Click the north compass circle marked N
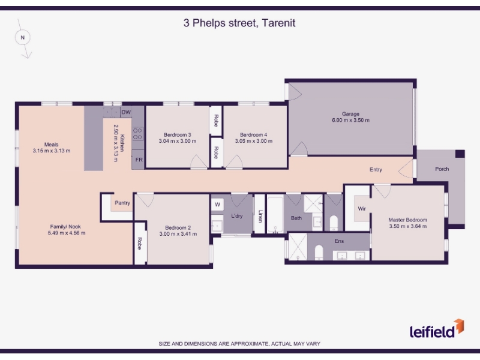click(x=23, y=38)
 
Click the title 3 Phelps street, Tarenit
click(x=239, y=23)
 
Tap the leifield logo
click(x=437, y=329)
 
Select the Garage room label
click(x=350, y=114)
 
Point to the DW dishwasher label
click(x=126, y=112)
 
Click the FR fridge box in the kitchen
click(x=139, y=160)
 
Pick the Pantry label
click(x=122, y=203)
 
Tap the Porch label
click(x=442, y=169)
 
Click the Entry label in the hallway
click(x=376, y=170)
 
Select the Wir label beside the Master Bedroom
click(x=362, y=208)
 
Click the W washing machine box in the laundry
click(x=217, y=205)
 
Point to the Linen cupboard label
click(x=260, y=216)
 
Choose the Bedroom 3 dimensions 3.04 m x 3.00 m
click(x=178, y=141)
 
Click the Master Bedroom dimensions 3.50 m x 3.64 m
click(x=408, y=226)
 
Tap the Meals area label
click(x=51, y=145)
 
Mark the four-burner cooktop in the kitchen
click(x=137, y=134)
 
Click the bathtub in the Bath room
click(x=275, y=215)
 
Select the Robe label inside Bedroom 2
click(x=140, y=244)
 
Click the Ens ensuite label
click(x=339, y=241)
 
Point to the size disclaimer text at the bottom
click(x=239, y=344)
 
